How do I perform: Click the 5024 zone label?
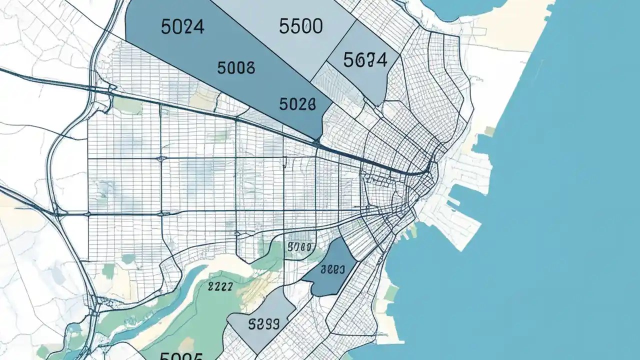tap(183, 27)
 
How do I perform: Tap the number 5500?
tap(300, 26)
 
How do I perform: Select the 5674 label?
tap(365, 60)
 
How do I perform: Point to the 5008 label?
tap(236, 67)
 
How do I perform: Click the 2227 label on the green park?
tap(220, 286)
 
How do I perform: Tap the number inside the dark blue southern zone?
tap(332, 269)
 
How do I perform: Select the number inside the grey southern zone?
tap(263, 323)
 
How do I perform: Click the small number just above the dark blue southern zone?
tap(300, 246)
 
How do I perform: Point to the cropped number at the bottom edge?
tap(181, 356)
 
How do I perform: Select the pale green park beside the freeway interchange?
tap(127, 105)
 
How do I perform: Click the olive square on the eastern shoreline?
tap(489, 131)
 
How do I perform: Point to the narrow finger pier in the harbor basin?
tap(452, 202)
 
